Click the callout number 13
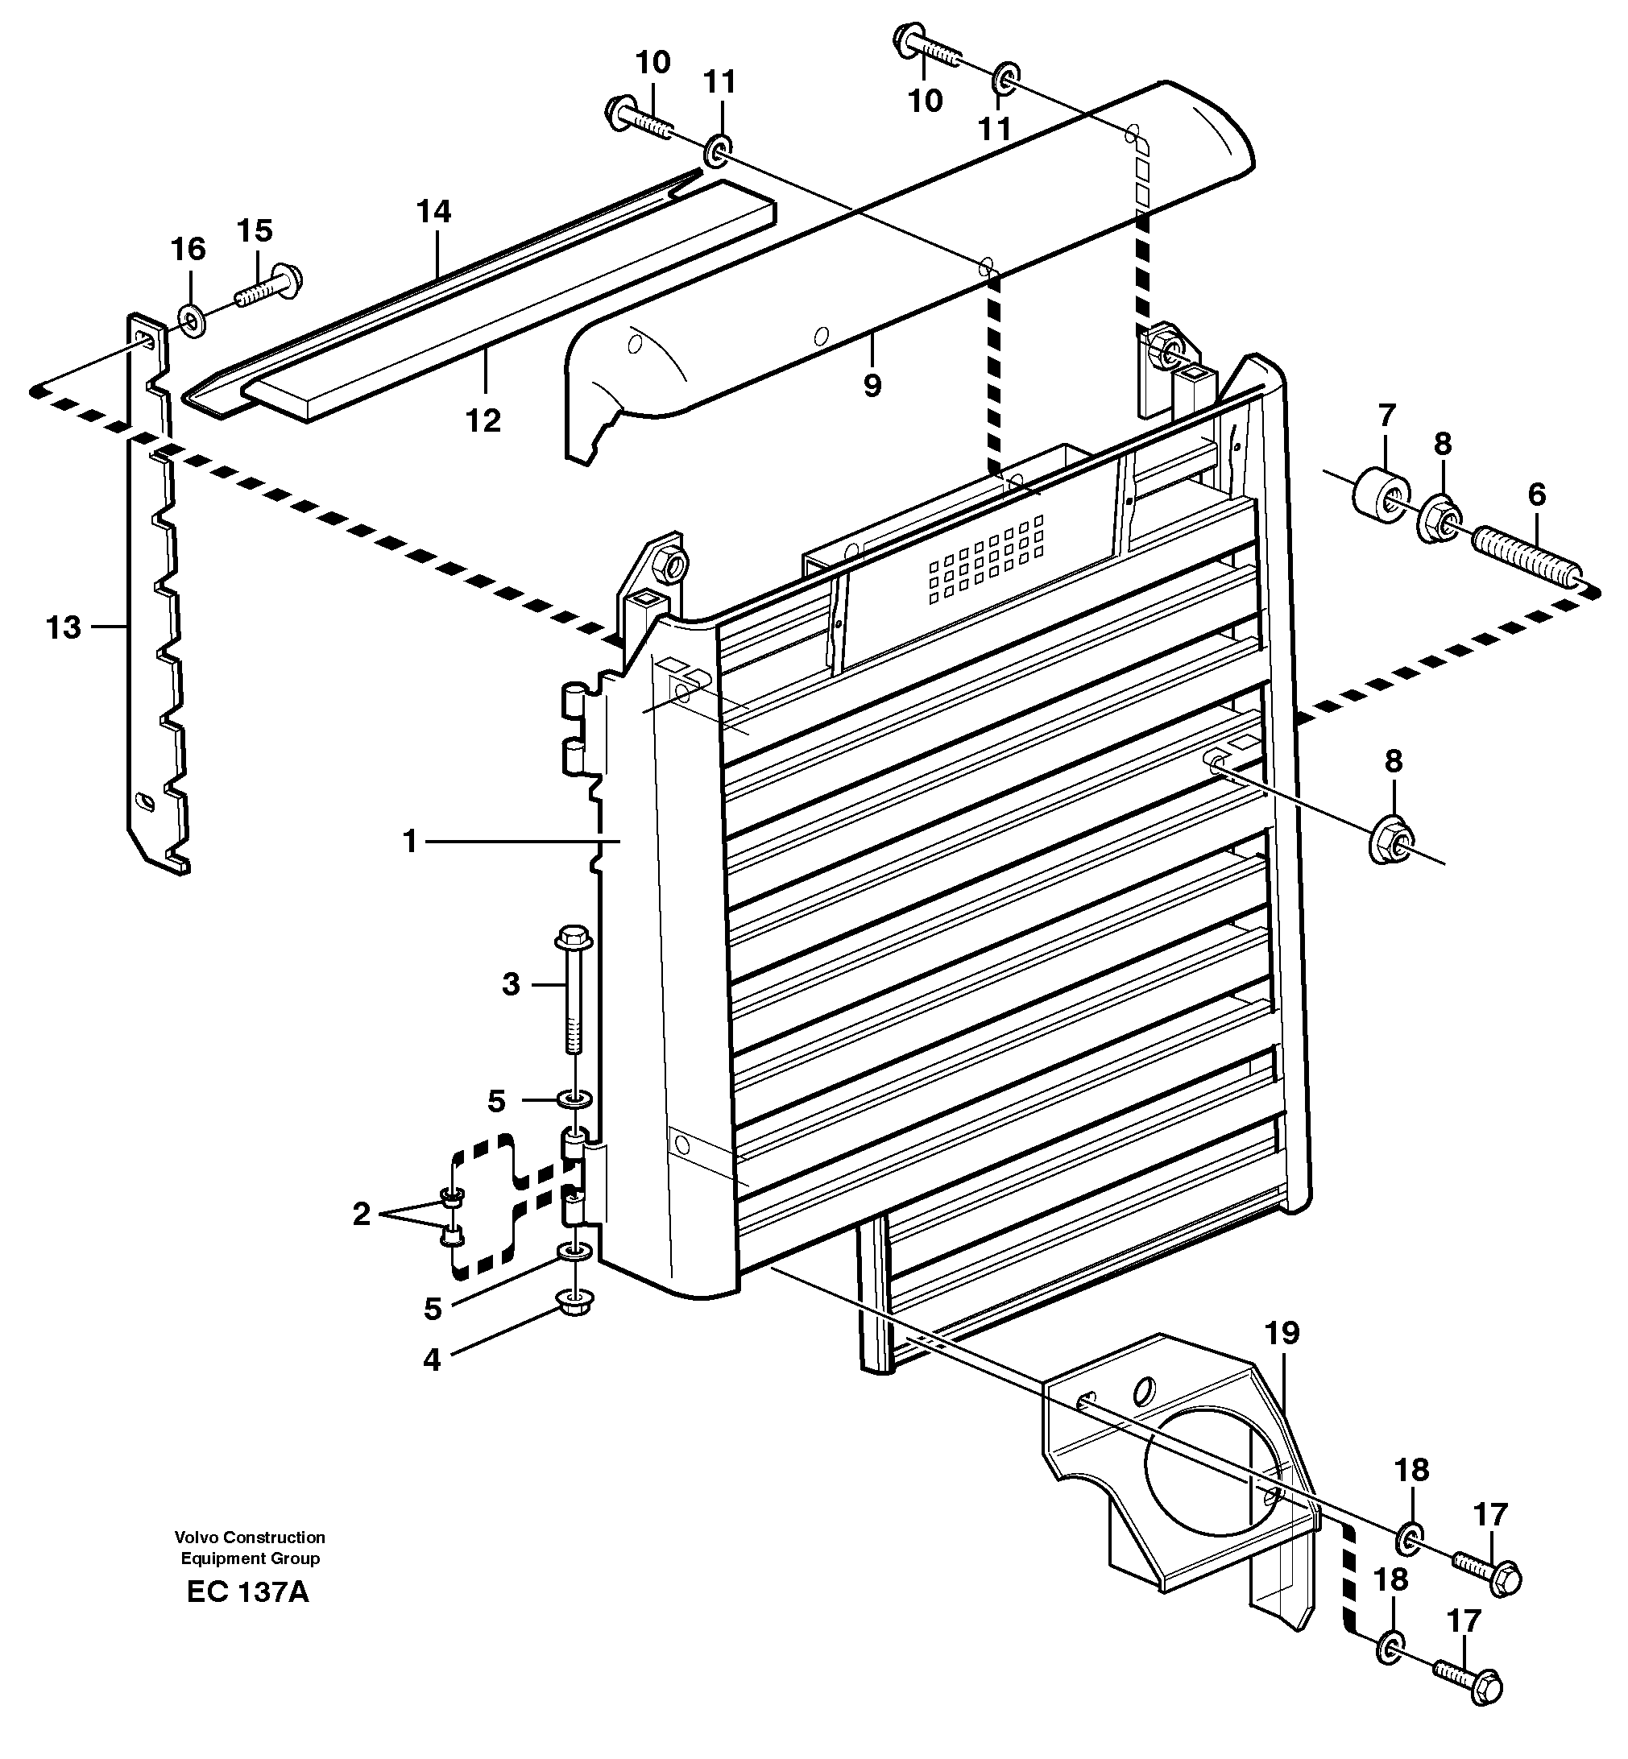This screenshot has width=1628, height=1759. tap(63, 629)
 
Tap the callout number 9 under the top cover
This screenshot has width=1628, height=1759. tap(872, 385)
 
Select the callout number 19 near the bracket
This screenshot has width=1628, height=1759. tap(1282, 1334)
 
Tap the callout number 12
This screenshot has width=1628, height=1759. tap(483, 420)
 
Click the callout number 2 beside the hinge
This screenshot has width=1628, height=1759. tap(361, 1215)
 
